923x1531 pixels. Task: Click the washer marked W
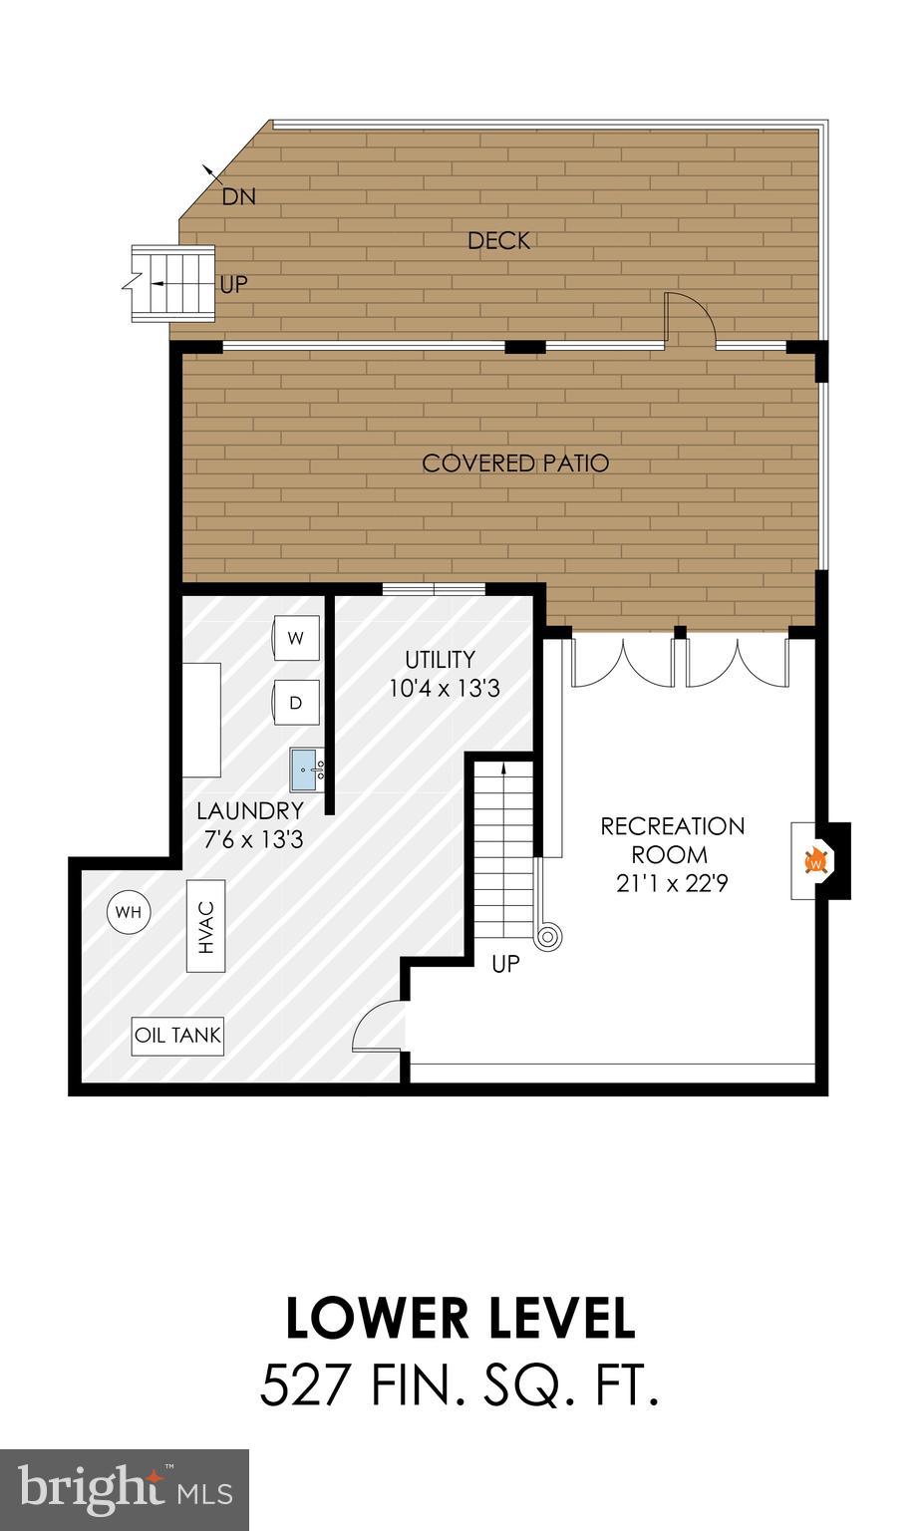click(296, 639)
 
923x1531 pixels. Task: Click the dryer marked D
click(296, 703)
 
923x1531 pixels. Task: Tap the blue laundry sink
click(308, 769)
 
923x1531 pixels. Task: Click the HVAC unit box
click(205, 925)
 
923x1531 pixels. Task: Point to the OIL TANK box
click(178, 1036)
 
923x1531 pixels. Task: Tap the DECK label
click(498, 240)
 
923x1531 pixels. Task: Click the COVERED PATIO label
click(515, 463)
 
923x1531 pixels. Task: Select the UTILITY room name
click(440, 660)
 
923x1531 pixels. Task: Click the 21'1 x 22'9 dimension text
click(672, 883)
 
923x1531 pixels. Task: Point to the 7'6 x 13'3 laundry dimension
click(253, 839)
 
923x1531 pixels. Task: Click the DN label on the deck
click(238, 196)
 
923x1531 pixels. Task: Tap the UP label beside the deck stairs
click(233, 285)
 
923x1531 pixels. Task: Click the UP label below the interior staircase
click(506, 965)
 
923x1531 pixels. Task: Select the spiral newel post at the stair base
click(547, 936)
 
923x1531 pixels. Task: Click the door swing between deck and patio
click(690, 318)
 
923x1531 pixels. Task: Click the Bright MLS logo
click(124, 1489)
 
